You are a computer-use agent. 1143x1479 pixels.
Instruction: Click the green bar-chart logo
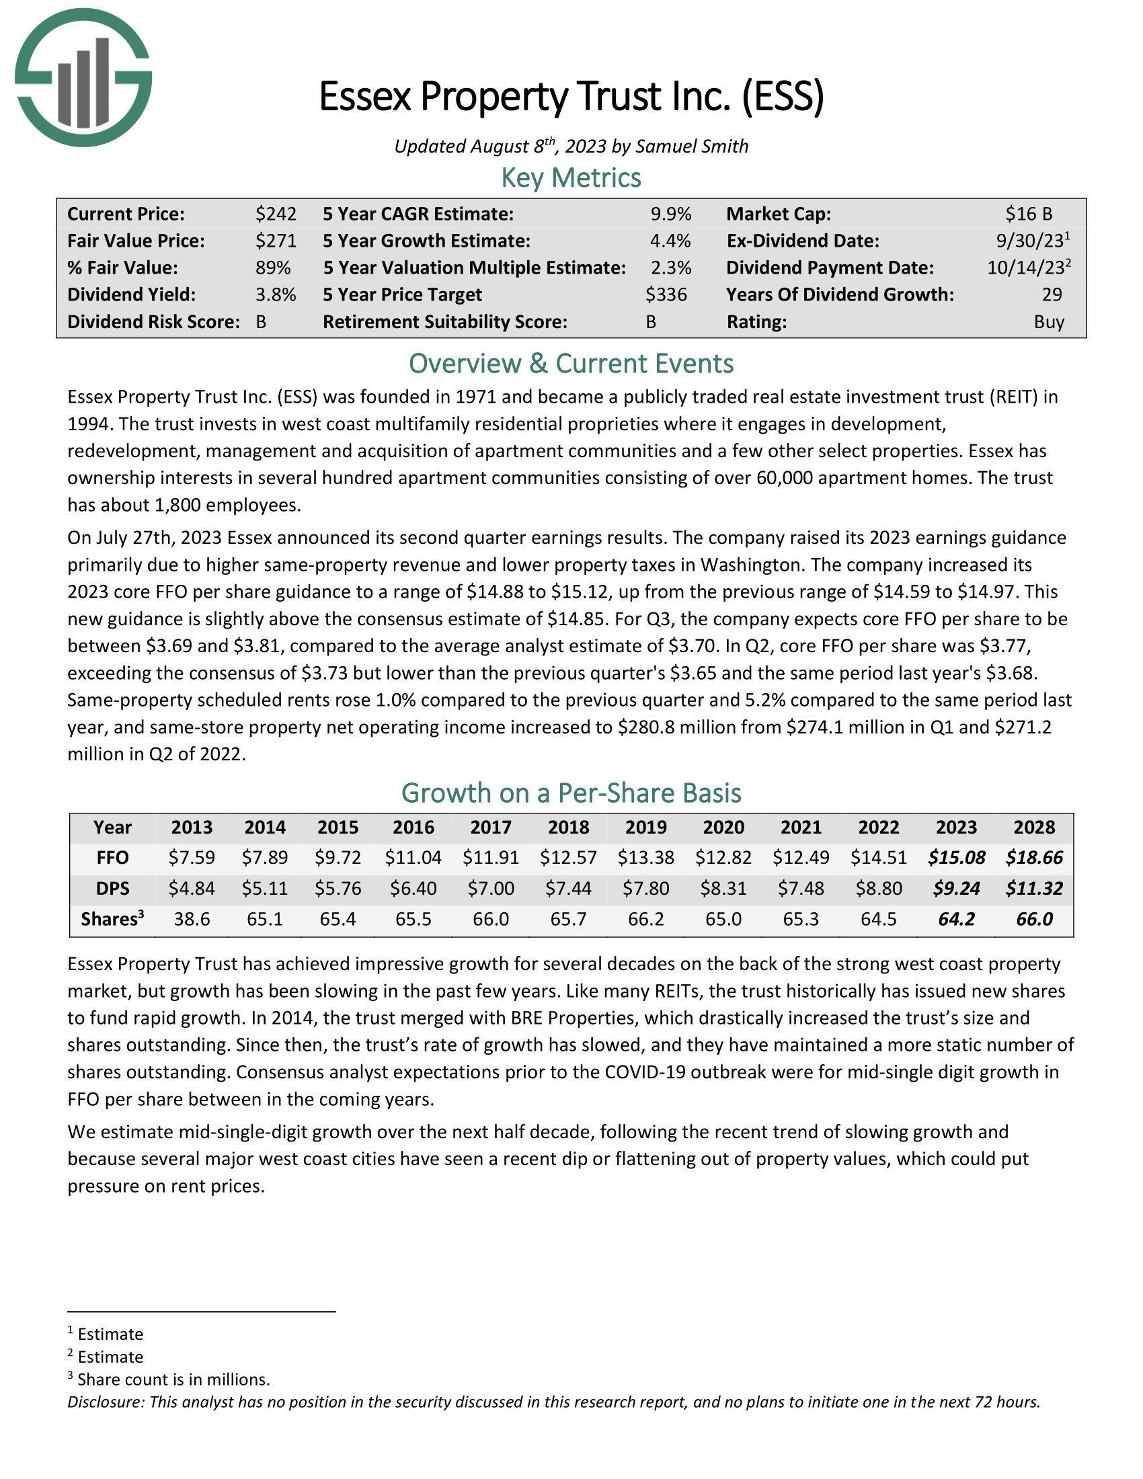(x=83, y=78)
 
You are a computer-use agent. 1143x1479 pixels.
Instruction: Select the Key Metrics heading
(x=571, y=178)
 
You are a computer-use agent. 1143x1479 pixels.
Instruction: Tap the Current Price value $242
(x=276, y=214)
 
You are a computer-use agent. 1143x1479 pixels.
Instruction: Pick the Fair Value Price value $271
(x=276, y=241)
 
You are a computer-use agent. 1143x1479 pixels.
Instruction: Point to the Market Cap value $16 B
(x=1029, y=214)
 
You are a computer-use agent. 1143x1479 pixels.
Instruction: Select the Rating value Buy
(x=1049, y=321)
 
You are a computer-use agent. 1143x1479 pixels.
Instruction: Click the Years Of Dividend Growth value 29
(x=1052, y=294)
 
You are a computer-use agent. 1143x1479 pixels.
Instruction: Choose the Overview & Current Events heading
(x=571, y=364)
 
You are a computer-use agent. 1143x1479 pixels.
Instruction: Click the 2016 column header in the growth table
(x=413, y=828)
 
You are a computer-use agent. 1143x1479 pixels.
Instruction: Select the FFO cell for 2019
(x=645, y=858)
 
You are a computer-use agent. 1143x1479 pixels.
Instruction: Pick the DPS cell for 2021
(x=800, y=889)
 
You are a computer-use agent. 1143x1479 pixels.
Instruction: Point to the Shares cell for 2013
(x=192, y=919)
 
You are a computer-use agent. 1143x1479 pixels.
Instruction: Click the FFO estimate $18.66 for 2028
(x=1034, y=858)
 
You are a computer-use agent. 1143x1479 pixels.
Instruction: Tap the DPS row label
(x=112, y=889)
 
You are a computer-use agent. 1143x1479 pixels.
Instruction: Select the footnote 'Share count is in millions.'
(x=173, y=1380)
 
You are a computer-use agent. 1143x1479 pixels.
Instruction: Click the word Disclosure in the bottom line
(x=106, y=1402)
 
